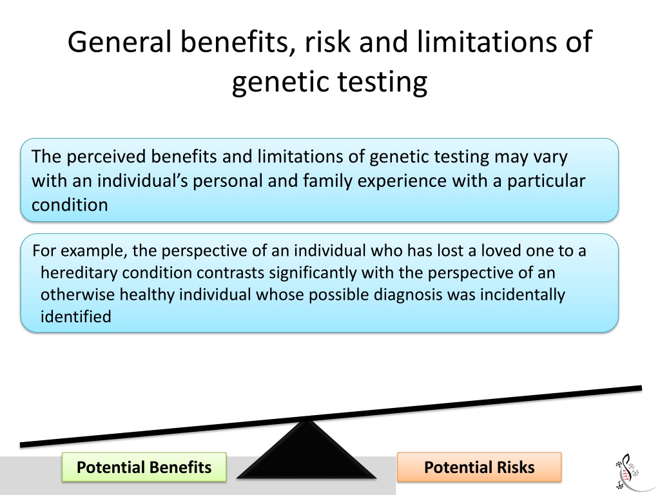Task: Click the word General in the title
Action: [x=119, y=42]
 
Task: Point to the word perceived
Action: [x=106, y=157]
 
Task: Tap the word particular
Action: [x=546, y=181]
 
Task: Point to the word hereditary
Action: [x=79, y=273]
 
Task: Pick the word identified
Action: [x=76, y=316]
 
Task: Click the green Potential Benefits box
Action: [x=144, y=467]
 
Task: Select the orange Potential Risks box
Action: [x=480, y=467]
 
